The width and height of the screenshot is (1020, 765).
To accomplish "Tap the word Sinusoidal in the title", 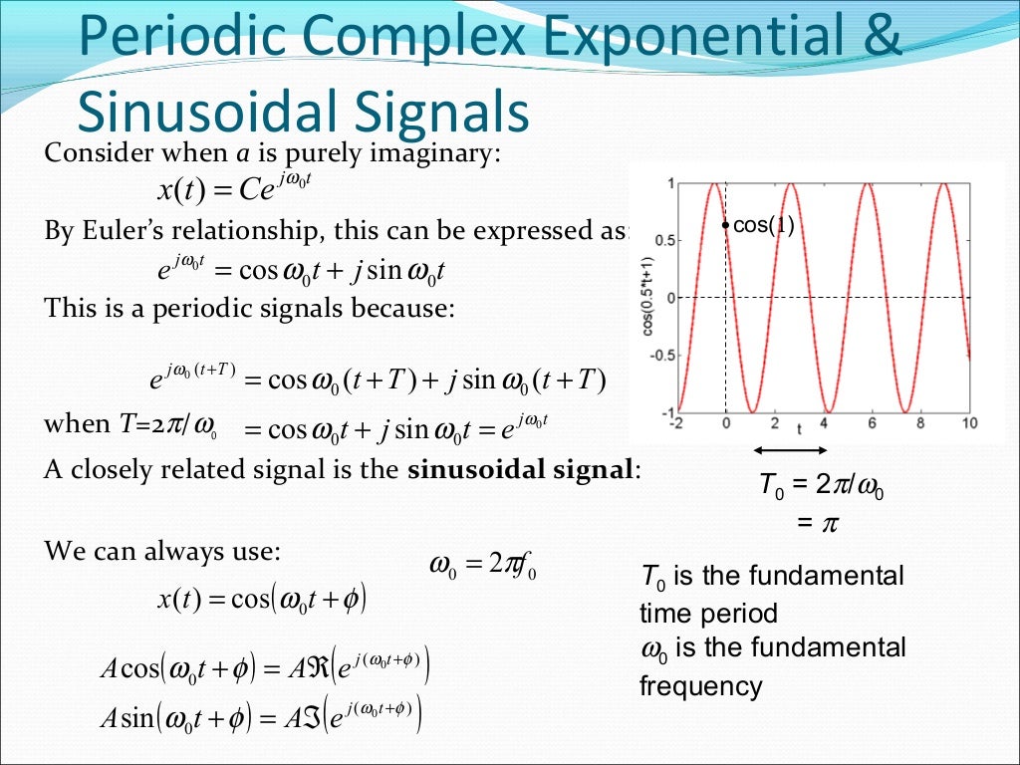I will click(200, 112).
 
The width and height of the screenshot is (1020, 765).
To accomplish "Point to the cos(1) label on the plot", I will click(764, 226).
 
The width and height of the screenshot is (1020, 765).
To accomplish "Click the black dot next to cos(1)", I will click(726, 226).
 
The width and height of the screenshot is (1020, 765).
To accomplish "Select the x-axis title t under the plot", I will click(799, 430).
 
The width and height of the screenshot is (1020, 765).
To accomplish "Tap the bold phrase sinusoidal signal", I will click(521, 470).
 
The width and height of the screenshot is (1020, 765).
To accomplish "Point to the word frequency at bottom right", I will click(700, 686).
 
